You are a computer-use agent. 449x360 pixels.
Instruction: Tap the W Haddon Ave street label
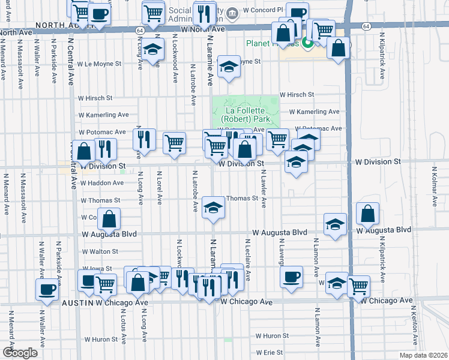click(101, 182)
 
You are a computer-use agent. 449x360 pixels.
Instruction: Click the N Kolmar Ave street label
click(432, 187)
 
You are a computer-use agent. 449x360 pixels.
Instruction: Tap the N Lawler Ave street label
click(263, 190)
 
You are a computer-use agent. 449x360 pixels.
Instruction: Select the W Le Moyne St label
click(100, 63)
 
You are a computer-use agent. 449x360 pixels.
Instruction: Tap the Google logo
click(20, 353)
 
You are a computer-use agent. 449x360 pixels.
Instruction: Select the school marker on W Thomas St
click(211, 209)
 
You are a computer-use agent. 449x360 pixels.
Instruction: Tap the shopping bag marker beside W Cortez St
click(109, 220)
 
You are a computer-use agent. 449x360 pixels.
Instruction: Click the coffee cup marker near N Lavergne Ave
click(292, 277)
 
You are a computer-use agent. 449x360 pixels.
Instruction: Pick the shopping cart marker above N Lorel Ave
click(174, 143)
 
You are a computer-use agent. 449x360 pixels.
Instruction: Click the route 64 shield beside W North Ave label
click(139, 29)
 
